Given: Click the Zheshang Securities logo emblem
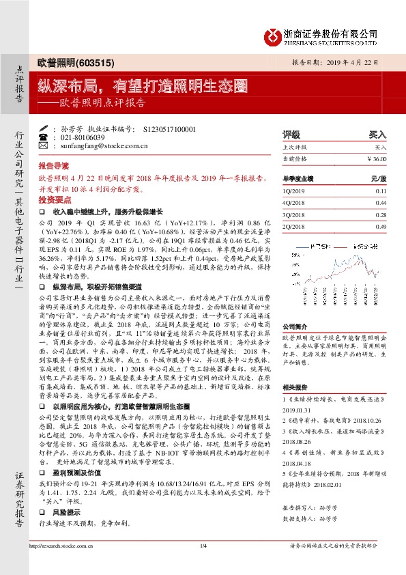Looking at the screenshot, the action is pyautogui.click(x=274, y=36).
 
